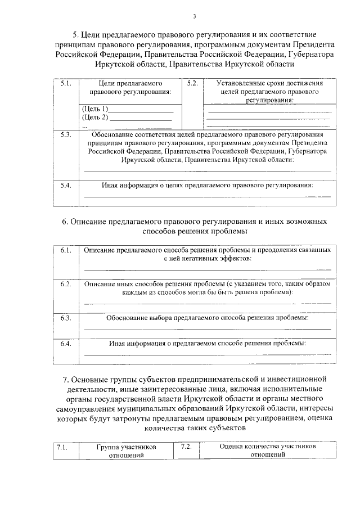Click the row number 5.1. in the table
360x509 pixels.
(x=65, y=84)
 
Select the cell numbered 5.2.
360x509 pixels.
(x=192, y=84)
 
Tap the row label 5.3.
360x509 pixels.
(x=65, y=135)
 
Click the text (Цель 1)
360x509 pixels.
(x=94, y=108)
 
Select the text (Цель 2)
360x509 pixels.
(x=94, y=116)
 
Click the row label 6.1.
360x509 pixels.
(x=66, y=249)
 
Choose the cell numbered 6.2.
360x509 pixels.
(x=66, y=285)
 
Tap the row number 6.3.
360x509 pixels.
(x=66, y=318)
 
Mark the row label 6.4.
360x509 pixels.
(x=66, y=343)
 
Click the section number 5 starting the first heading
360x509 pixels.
(x=74, y=35)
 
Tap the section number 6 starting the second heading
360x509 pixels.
(x=65, y=222)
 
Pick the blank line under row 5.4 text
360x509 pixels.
(x=207, y=197)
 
